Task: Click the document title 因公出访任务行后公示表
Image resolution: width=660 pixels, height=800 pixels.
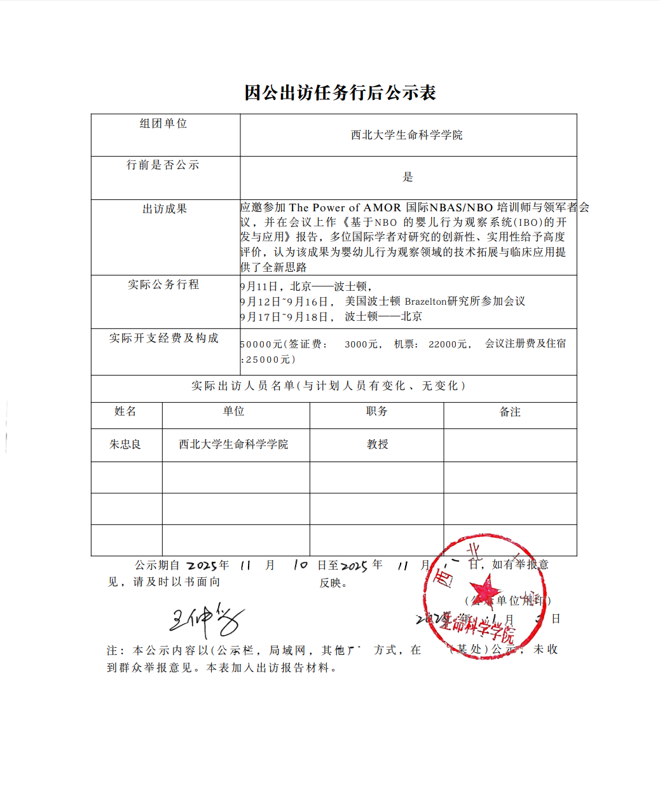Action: pos(340,93)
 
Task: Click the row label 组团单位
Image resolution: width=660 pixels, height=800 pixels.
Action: pos(163,123)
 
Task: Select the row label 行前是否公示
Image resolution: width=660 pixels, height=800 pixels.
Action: pos(163,165)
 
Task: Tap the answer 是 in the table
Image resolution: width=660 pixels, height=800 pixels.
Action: pos(408,177)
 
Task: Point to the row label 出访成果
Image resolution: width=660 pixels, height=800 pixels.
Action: pos(165,209)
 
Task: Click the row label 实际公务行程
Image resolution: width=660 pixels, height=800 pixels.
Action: pos(163,284)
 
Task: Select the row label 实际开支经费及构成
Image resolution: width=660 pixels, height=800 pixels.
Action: pos(163,338)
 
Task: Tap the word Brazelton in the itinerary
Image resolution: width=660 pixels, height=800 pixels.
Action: pos(425,301)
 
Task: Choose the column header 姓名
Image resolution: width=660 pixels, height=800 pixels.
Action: pos(125,412)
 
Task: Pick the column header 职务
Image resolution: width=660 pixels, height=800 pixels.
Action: pos(376,412)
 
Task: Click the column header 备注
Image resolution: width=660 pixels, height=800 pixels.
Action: pos(510,412)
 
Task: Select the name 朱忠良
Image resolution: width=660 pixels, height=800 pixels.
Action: pos(125,444)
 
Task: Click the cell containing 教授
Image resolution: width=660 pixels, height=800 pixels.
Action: pos(377,444)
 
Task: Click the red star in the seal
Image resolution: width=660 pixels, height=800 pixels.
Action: pos(485,589)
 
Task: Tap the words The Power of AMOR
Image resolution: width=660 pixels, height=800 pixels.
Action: pos(345,207)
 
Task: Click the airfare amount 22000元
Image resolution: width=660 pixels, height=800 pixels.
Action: pos(448,344)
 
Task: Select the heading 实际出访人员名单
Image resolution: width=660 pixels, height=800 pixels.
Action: pos(244,386)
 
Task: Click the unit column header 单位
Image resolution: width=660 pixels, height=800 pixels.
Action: pos(233,412)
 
